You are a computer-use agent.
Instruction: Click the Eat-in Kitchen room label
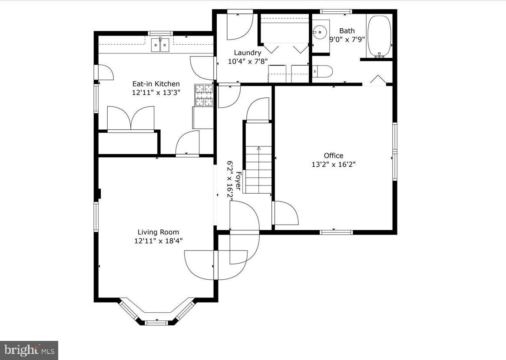point(156,84)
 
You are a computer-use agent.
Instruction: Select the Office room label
point(333,155)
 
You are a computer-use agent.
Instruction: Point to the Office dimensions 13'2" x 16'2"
point(334,164)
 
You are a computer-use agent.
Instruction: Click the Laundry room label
point(248,53)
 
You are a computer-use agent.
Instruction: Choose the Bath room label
point(347,31)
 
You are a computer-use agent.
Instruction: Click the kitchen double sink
point(160,45)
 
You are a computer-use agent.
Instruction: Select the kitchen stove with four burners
point(204,95)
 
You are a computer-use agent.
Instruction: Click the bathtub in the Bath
point(379,36)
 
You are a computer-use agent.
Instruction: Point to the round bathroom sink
point(320,32)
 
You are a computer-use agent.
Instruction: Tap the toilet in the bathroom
point(323,71)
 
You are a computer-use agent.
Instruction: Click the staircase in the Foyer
point(258,169)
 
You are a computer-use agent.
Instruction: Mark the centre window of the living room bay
point(156,322)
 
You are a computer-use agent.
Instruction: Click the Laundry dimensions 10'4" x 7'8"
point(248,62)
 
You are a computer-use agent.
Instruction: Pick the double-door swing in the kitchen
point(131,119)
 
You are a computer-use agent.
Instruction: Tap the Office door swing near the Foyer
point(285,213)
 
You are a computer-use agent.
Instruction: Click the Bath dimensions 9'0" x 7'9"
point(347,39)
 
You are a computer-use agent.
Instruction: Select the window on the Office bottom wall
point(336,232)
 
